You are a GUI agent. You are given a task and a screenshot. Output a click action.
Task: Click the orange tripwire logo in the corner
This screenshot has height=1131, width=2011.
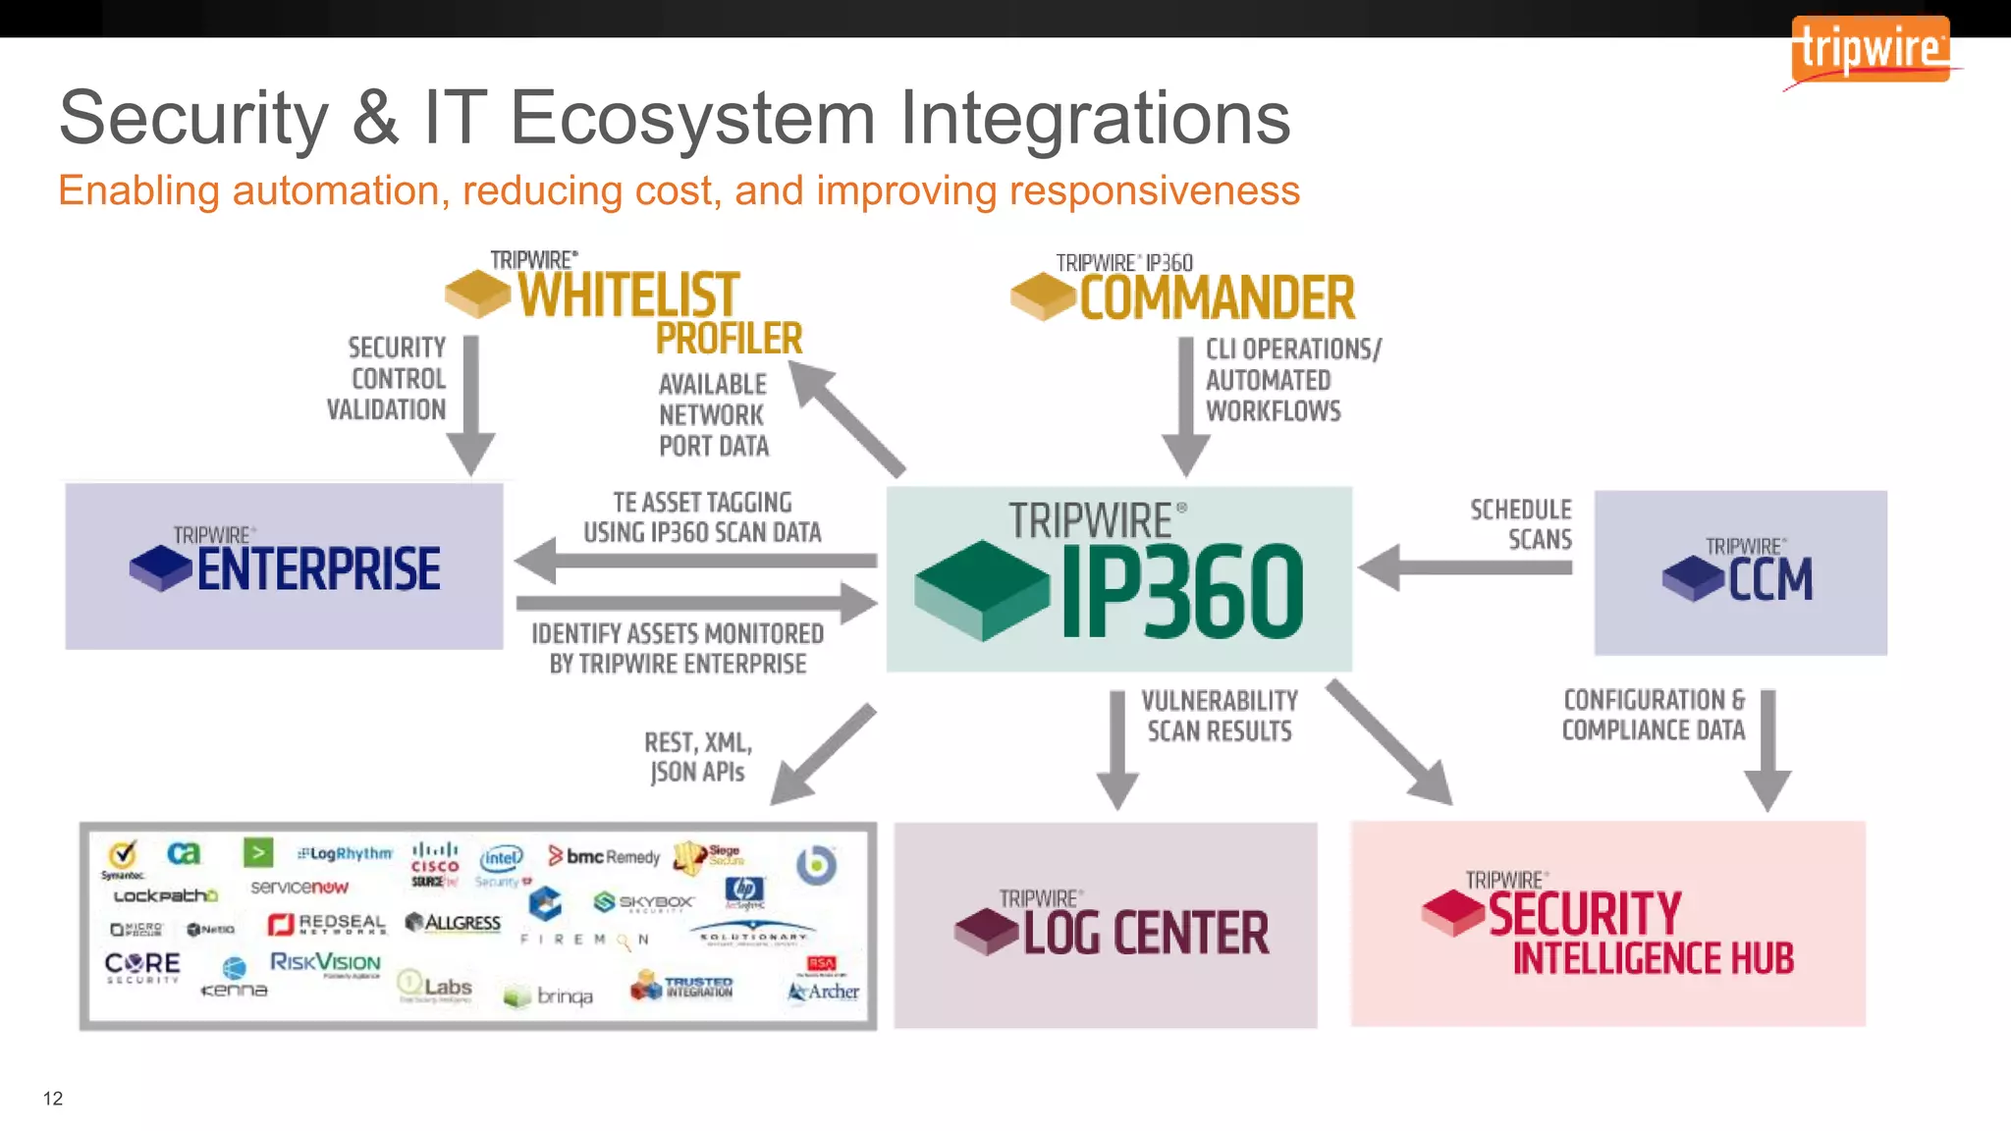pyautogui.click(x=1870, y=49)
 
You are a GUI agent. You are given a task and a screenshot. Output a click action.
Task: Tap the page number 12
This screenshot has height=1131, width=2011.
pyautogui.click(x=53, y=1099)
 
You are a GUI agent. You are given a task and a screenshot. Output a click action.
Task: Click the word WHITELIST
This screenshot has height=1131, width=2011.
pyautogui.click(x=627, y=295)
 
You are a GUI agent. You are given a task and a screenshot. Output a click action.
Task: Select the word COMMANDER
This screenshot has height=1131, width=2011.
pyautogui.click(x=1217, y=298)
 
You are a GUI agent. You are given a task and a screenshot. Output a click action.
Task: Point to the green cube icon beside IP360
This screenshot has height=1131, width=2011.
pyautogui.click(x=982, y=589)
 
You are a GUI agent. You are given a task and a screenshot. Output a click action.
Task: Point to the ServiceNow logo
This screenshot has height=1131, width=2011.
pyautogui.click(x=299, y=888)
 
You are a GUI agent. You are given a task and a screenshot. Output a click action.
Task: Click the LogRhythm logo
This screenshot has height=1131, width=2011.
pyautogui.click(x=345, y=854)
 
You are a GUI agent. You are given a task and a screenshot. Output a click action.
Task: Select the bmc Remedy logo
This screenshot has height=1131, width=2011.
pyautogui.click(x=604, y=856)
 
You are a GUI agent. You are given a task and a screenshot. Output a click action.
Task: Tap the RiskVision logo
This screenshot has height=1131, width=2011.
pyautogui.click(x=325, y=963)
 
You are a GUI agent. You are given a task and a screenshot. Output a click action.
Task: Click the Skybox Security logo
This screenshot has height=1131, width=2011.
pyautogui.click(x=644, y=902)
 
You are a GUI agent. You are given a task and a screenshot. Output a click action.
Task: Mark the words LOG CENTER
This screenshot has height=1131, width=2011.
pyautogui.click(x=1145, y=933)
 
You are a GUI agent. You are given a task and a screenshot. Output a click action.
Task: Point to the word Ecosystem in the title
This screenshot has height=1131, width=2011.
pyautogui.click(x=692, y=118)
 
